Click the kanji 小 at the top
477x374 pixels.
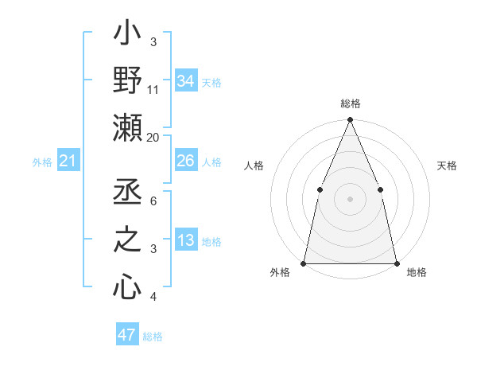pyautogui.click(x=127, y=36)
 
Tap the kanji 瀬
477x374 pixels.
pyautogui.click(x=127, y=127)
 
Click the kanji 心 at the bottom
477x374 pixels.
pyautogui.click(x=127, y=287)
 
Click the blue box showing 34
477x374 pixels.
pyautogui.click(x=186, y=81)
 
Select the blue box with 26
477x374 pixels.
pyautogui.click(x=186, y=162)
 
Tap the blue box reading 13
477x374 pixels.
pyautogui.click(x=186, y=240)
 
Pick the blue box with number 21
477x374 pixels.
pyautogui.click(x=68, y=162)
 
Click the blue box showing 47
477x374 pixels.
pyautogui.click(x=127, y=335)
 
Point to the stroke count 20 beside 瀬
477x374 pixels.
pyautogui.click(x=153, y=137)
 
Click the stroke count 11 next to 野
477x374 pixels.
pyautogui.click(x=153, y=89)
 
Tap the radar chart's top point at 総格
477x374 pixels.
pyautogui.click(x=350, y=120)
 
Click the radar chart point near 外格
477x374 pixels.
pyautogui.click(x=304, y=263)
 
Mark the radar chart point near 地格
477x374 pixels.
pyautogui.click(x=396, y=263)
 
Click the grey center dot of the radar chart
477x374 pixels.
pyautogui.click(x=350, y=198)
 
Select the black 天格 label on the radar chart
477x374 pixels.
pyautogui.click(x=448, y=166)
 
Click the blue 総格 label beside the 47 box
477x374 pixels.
pyautogui.click(x=153, y=337)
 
